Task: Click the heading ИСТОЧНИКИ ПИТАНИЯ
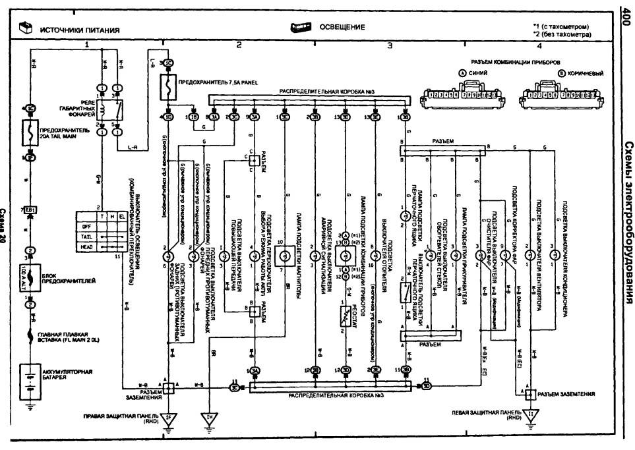point(80,30)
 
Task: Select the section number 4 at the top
point(539,45)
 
